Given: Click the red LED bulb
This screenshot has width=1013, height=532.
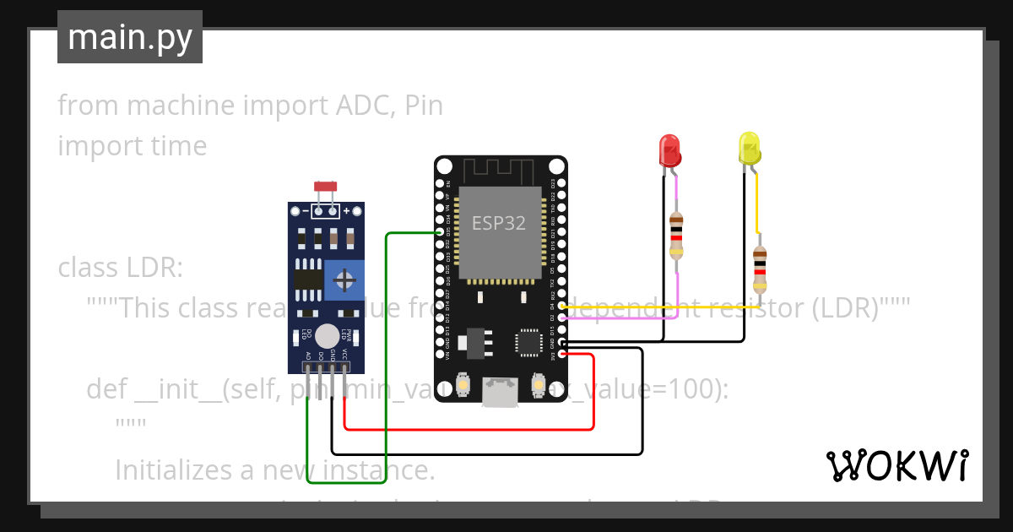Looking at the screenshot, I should [x=669, y=150].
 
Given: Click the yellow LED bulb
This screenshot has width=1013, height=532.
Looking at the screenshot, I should [x=748, y=148].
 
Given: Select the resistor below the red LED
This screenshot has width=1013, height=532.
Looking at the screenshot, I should [x=676, y=236].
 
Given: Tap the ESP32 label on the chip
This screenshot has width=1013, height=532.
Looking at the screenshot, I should [x=498, y=223].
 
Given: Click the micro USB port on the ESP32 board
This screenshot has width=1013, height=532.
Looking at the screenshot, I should [x=500, y=393].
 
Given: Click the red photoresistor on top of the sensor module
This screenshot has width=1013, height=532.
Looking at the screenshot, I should [x=325, y=187].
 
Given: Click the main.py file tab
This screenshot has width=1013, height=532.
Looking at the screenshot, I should [x=130, y=37].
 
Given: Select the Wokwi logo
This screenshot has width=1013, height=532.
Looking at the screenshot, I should [x=897, y=465].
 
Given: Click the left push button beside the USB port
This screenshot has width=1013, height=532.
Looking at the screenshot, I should [x=463, y=386].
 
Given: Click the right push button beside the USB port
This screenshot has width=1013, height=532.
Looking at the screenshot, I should [x=537, y=386].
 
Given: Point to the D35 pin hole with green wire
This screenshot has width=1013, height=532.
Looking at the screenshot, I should [x=439, y=232].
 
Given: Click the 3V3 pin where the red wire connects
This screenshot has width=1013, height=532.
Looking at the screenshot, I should [x=562, y=355].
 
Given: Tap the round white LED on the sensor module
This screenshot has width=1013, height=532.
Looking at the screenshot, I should [x=328, y=336].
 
